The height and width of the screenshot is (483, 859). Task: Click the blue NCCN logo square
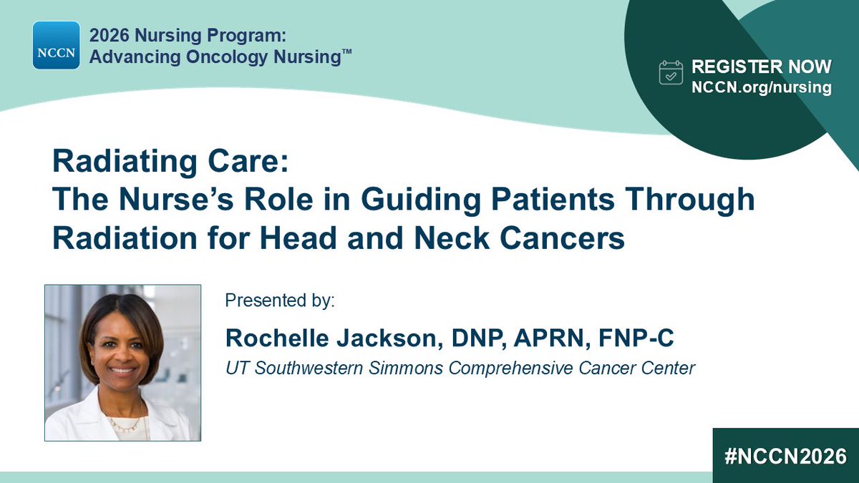[x=56, y=45]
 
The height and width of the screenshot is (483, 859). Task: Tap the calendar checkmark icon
[x=671, y=73]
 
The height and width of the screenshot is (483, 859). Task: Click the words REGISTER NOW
[x=761, y=67]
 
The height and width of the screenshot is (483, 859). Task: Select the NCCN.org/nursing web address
[x=761, y=87]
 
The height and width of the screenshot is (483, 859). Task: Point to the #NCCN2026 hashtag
[x=785, y=457]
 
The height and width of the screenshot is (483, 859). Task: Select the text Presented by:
[x=279, y=300]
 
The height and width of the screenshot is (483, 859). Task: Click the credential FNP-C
[x=645, y=337]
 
